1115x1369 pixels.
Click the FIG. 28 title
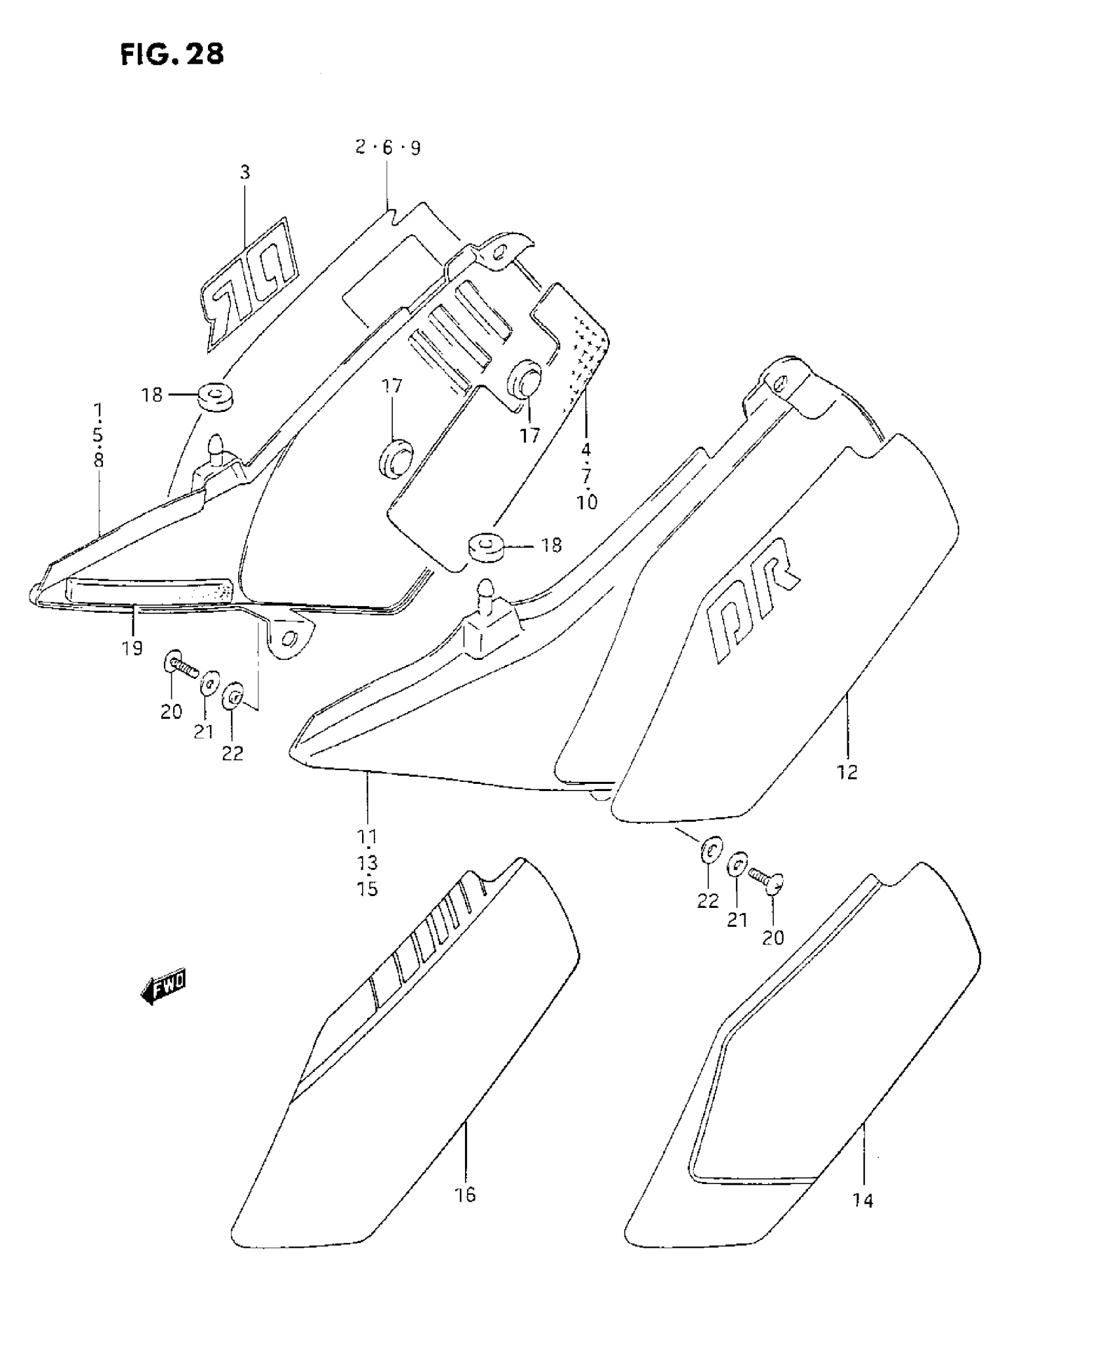point(172,54)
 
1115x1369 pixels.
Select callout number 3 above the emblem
point(245,173)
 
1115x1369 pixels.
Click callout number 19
point(132,648)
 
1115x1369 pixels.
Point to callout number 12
point(847,772)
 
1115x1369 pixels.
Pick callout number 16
point(465,1195)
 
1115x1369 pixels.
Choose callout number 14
point(863,1201)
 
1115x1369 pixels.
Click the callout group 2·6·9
point(388,148)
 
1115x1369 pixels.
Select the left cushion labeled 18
point(215,396)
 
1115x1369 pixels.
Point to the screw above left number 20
point(179,666)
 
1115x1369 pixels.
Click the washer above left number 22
point(233,696)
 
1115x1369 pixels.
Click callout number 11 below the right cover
point(367,837)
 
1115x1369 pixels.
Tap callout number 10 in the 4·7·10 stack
point(587,503)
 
